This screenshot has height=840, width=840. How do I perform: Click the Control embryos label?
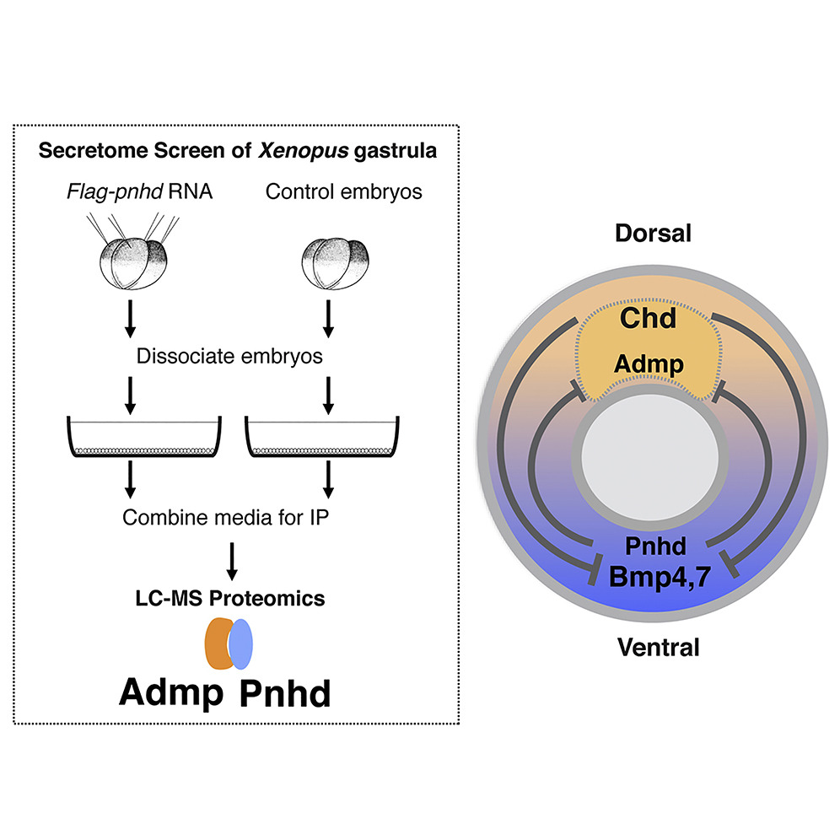tap(343, 191)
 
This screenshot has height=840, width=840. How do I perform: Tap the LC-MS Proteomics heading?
tap(230, 598)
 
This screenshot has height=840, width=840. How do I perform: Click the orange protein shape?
tap(218, 643)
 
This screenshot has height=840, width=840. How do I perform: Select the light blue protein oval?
tap(241, 643)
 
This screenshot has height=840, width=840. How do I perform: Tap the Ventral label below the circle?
tap(658, 648)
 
